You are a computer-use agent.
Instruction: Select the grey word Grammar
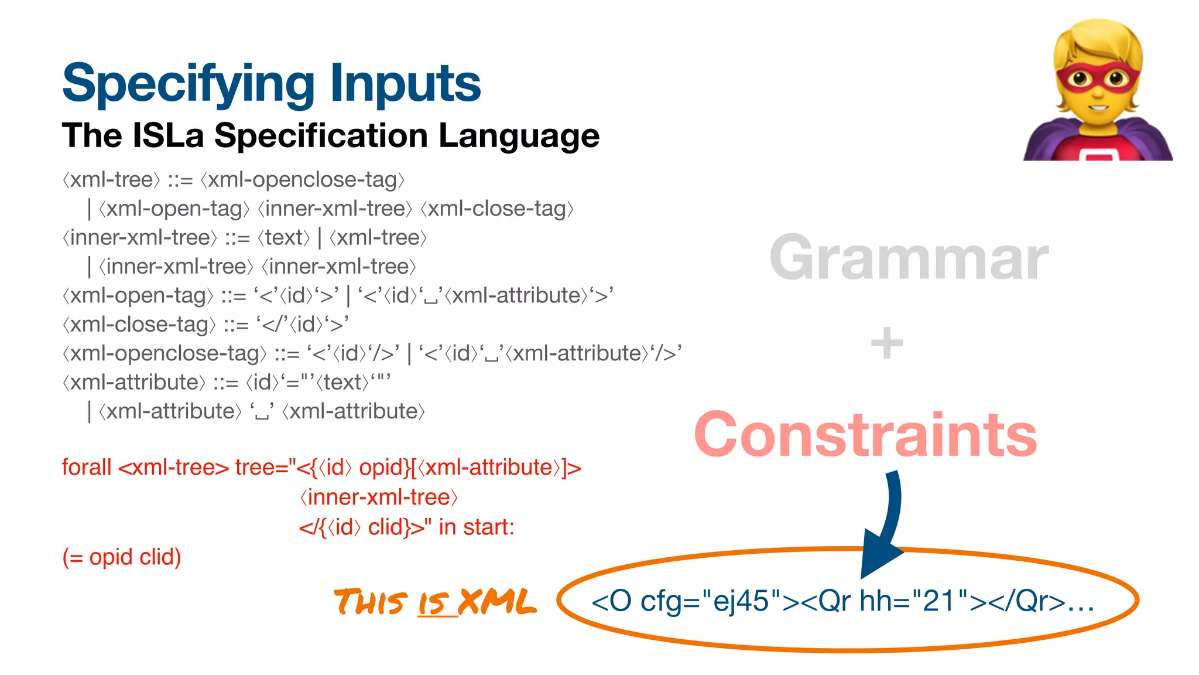coord(909,258)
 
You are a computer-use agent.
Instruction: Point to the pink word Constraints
coord(865,435)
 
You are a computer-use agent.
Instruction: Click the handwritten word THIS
coord(370,603)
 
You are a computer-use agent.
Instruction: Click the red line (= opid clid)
coord(122,557)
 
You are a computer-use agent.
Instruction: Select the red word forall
coord(87,468)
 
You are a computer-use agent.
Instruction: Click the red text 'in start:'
coord(476,527)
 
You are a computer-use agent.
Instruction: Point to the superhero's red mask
coord(1098,79)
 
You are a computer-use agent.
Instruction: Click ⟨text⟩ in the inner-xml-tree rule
coord(284,238)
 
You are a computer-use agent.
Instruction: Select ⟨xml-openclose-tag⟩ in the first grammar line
coord(302,180)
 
